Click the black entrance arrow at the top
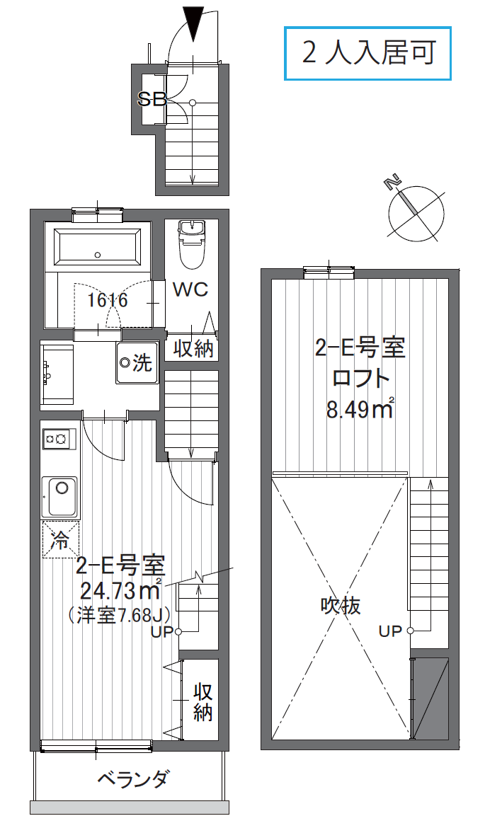[x=194, y=23]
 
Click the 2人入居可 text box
[x=367, y=53]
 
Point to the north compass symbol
[x=416, y=212]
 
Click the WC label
[x=190, y=289]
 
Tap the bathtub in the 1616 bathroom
[x=98, y=247]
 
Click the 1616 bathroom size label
[x=108, y=300]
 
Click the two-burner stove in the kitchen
[x=59, y=439]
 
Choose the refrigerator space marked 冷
[x=60, y=540]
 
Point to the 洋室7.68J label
[x=120, y=616]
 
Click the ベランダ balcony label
[x=133, y=779]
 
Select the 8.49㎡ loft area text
[x=360, y=409]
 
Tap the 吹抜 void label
[x=341, y=605]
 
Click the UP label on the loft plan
[x=390, y=631]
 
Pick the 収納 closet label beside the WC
[x=193, y=348]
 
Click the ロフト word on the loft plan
[x=360, y=378]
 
